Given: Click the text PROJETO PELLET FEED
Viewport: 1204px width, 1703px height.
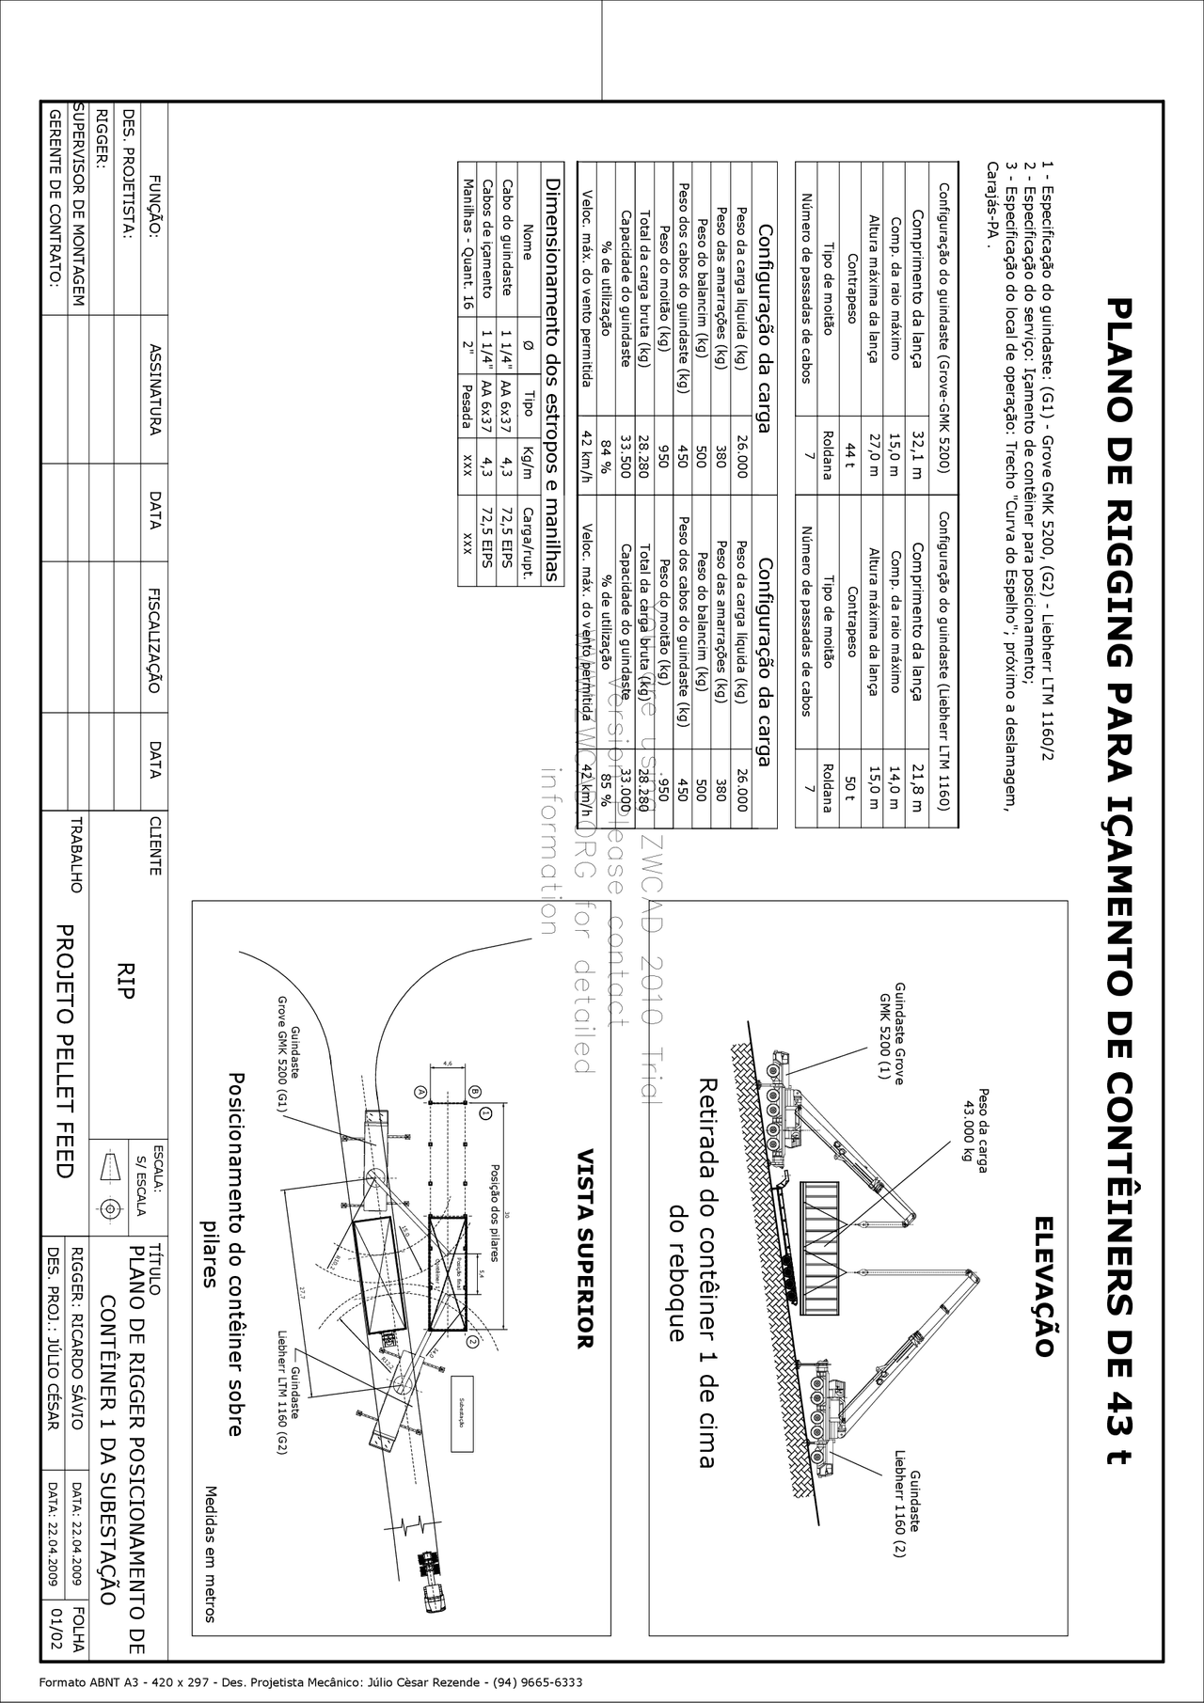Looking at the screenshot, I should [x=64, y=1050].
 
